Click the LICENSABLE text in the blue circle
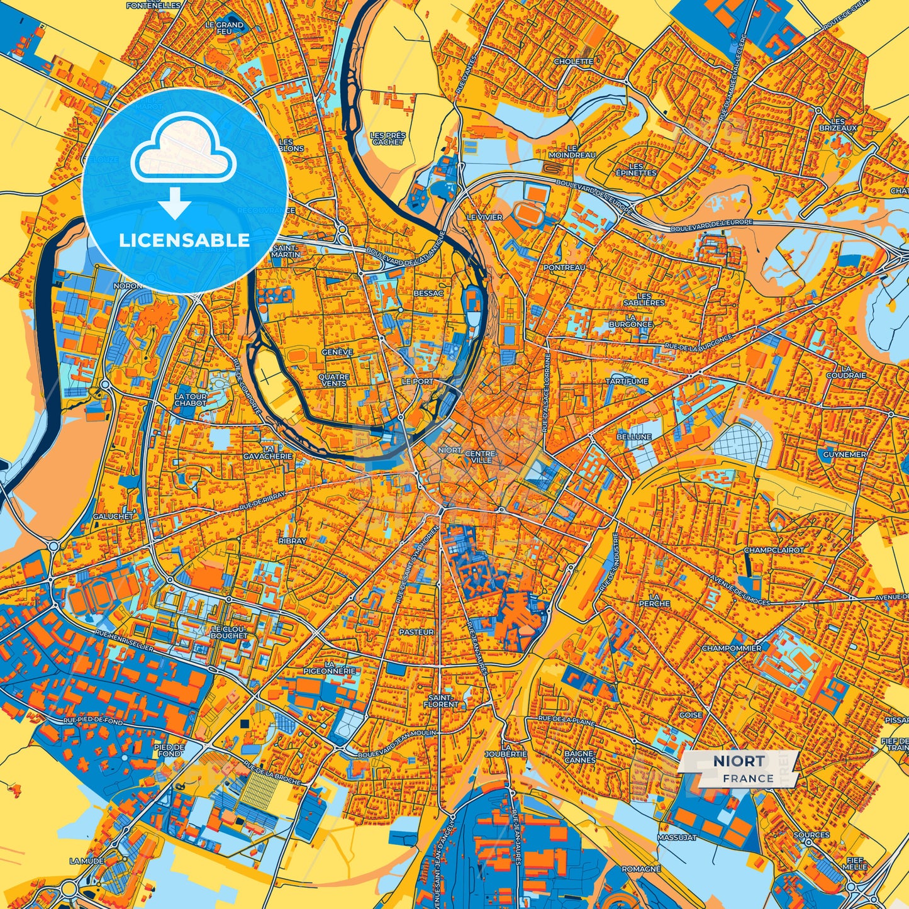pyautogui.click(x=184, y=240)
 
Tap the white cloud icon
pyautogui.click(x=183, y=148)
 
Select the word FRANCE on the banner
pyautogui.click(x=748, y=778)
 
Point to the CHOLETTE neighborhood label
pyautogui.click(x=573, y=62)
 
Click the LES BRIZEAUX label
pyautogui.click(x=837, y=124)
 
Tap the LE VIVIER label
pyautogui.click(x=484, y=217)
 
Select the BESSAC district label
pyautogui.click(x=428, y=293)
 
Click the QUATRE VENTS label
pyautogui.click(x=333, y=380)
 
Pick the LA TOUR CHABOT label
pyautogui.click(x=190, y=399)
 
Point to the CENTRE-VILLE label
pyautogui.click(x=481, y=457)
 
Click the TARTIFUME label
pyautogui.click(x=627, y=381)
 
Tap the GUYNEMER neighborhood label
pyautogui.click(x=845, y=454)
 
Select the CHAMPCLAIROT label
pyautogui.click(x=774, y=550)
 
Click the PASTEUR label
pyautogui.click(x=416, y=632)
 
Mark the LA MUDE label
pyautogui.click(x=87, y=861)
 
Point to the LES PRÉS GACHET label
pyautogui.click(x=388, y=138)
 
